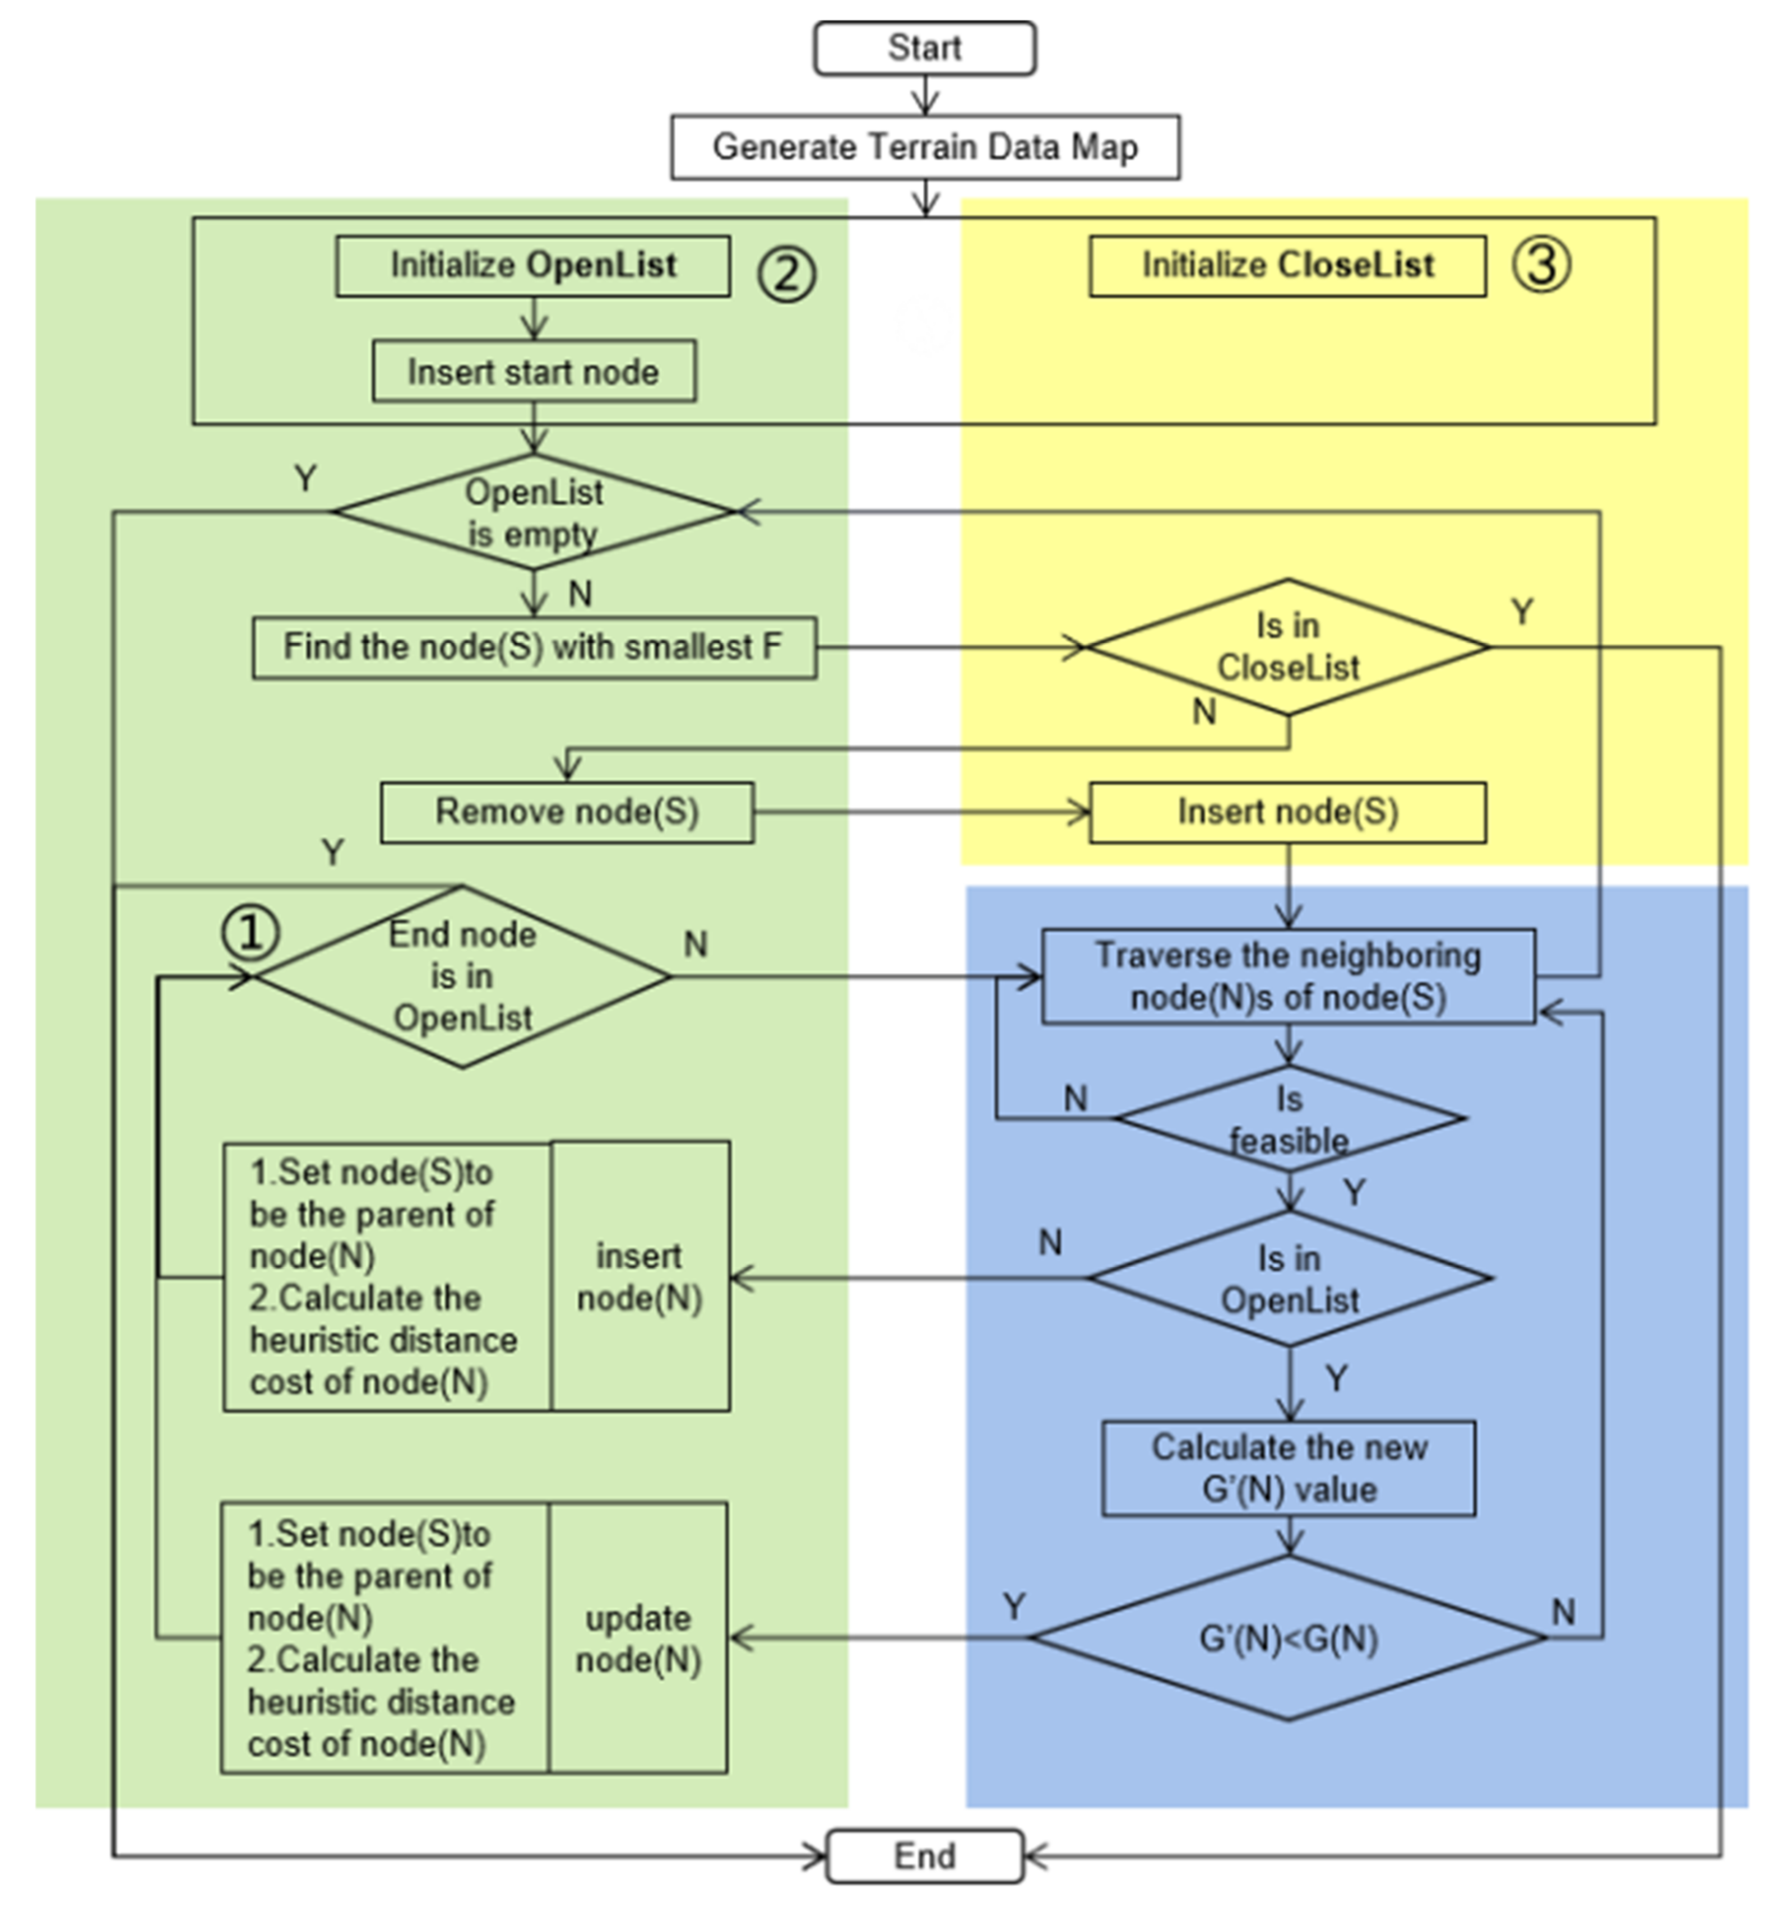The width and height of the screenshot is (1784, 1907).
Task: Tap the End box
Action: [925, 1855]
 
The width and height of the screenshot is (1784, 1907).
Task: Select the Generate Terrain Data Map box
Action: [925, 147]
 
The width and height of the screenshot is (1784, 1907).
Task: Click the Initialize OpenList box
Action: [532, 266]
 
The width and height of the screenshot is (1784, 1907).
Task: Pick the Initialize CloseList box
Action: [1287, 266]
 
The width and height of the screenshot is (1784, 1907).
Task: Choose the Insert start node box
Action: [534, 371]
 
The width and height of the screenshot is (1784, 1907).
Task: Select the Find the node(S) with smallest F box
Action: [534, 647]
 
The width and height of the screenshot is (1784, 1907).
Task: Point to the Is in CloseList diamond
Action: [1288, 647]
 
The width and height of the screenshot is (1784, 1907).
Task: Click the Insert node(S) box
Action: [1288, 812]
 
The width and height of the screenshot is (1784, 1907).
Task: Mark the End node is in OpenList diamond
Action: [462, 976]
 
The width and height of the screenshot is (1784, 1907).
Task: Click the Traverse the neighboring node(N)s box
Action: [1288, 976]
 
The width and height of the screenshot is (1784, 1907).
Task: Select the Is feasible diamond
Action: [1289, 1118]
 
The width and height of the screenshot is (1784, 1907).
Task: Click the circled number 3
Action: [1541, 264]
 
